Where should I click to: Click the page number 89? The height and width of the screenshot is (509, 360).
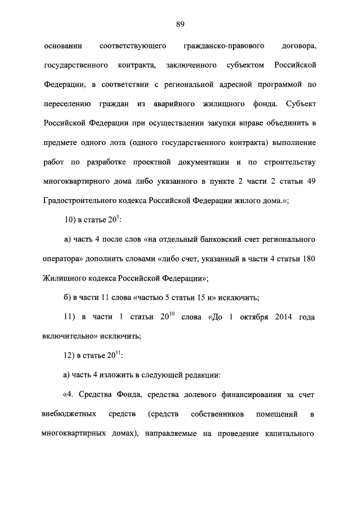tap(180, 24)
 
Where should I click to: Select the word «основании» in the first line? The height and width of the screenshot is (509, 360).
tap(62, 45)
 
